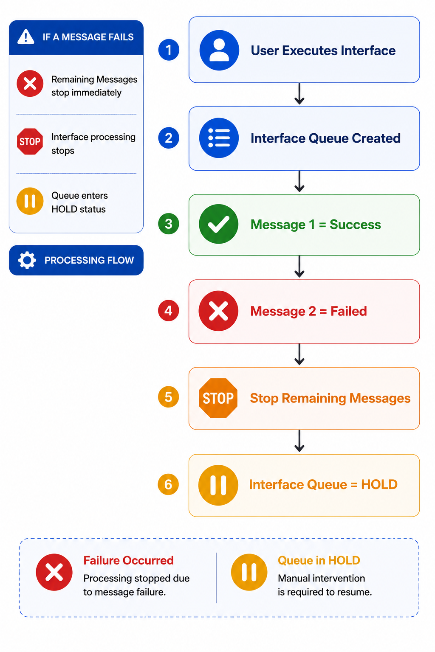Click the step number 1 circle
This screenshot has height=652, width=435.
pyautogui.click(x=169, y=50)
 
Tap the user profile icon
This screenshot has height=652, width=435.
pyautogui.click(x=219, y=51)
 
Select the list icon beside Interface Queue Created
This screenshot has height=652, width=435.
pyautogui.click(x=219, y=138)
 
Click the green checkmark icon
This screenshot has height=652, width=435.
pyautogui.click(x=218, y=224)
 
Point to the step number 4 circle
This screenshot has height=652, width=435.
pyautogui.click(x=168, y=311)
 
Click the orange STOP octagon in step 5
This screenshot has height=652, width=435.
pyautogui.click(x=218, y=398)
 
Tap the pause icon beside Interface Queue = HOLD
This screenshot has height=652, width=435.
pyautogui.click(x=218, y=485)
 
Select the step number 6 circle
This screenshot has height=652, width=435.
pyautogui.click(x=168, y=484)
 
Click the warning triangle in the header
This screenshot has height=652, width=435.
pyautogui.click(x=26, y=37)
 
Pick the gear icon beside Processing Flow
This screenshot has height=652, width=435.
pyautogui.click(x=27, y=260)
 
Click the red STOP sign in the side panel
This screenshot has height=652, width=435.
pyautogui.click(x=30, y=141)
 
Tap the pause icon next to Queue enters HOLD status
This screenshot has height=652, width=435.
pyautogui.click(x=30, y=201)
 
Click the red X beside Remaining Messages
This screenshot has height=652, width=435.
pyautogui.click(x=30, y=84)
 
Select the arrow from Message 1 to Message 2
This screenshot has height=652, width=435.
pyautogui.click(x=299, y=267)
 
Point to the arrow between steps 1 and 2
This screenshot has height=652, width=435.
pyautogui.click(x=299, y=94)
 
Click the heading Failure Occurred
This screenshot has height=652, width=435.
pyautogui.click(x=128, y=560)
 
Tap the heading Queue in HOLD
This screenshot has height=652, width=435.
pyautogui.click(x=319, y=560)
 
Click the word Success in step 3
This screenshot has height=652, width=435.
pyautogui.click(x=355, y=225)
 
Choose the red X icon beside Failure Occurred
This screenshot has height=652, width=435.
pyautogui.click(x=54, y=572)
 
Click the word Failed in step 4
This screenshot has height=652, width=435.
pyautogui.click(x=349, y=311)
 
